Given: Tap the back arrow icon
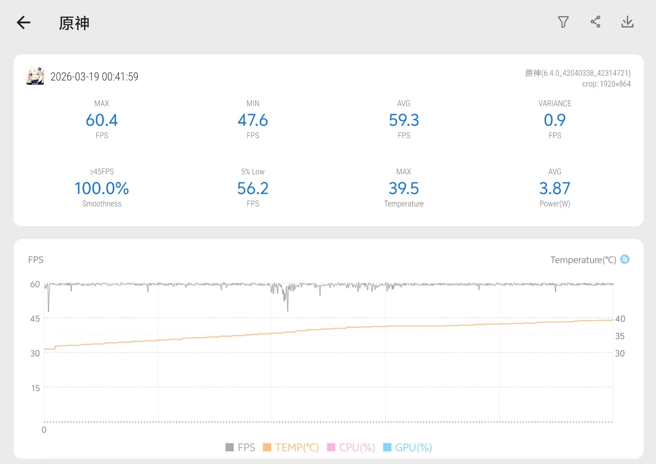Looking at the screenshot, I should coord(24,22).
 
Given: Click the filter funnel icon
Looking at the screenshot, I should coord(563,22).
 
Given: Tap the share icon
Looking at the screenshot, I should coord(595,22).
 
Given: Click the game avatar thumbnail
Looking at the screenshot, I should coord(35,76).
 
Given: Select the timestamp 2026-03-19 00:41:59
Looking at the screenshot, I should coord(94,76).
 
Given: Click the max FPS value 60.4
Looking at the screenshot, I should coord(102,120).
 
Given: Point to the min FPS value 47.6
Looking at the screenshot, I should coord(253,120).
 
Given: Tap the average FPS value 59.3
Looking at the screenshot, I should coord(404,120).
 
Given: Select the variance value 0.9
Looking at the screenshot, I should coord(554,120).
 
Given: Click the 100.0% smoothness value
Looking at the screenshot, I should coord(102,188).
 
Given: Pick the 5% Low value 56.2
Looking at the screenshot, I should coord(253,188).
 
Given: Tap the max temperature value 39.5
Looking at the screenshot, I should coord(404,188).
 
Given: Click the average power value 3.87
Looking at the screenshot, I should coord(554,188).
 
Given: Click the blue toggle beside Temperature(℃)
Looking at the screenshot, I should coord(625,259).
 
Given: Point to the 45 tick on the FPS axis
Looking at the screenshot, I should coord(35,319).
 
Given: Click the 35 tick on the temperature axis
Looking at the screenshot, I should coord(620,336).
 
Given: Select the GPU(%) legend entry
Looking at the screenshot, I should coord(408,447).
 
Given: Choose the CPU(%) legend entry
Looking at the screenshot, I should coord(351,447).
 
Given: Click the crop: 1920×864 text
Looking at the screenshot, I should coord(606,84).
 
